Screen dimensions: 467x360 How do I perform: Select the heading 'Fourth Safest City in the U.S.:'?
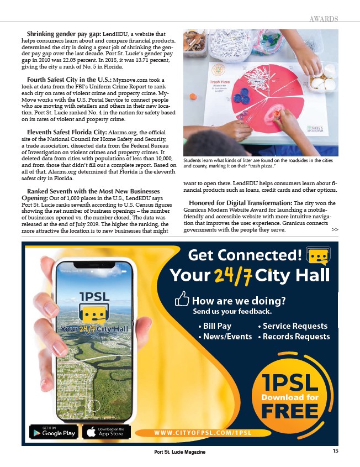[x=69, y=81]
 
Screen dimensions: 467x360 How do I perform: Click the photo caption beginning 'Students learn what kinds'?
[x=258, y=163]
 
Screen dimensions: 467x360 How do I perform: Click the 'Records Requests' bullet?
[x=294, y=337]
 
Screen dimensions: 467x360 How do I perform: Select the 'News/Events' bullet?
[x=225, y=337]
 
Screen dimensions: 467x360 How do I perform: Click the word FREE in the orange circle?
[x=289, y=411]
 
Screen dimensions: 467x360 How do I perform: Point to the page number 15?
[x=336, y=451]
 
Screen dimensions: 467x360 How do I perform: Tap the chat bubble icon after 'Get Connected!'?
[x=318, y=257]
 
